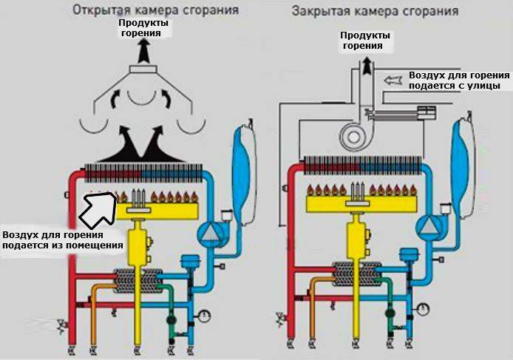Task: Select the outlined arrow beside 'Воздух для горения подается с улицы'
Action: (x=393, y=80)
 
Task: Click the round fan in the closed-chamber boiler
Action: (x=353, y=136)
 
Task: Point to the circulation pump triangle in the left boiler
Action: (x=208, y=234)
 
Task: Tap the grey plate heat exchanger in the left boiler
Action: (x=138, y=281)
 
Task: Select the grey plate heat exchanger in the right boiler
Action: (x=356, y=274)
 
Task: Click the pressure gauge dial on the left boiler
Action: (x=204, y=316)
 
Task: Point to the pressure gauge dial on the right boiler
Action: (x=423, y=308)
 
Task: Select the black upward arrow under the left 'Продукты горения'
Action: (x=144, y=51)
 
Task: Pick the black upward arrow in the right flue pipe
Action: (x=367, y=66)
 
